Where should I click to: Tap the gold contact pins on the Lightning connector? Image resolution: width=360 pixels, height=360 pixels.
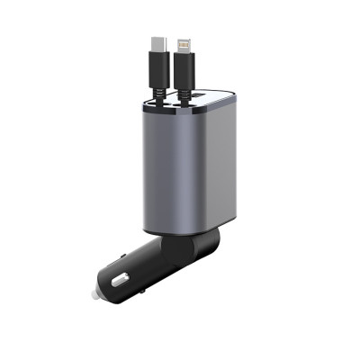[x=184, y=43]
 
